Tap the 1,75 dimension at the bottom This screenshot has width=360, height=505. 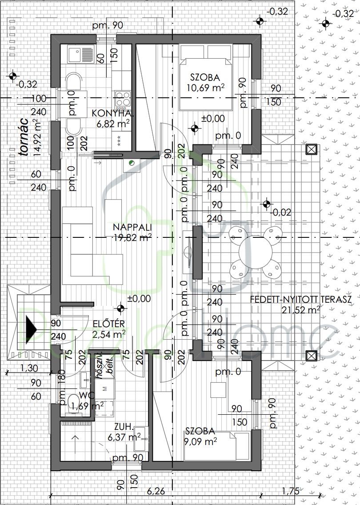291,491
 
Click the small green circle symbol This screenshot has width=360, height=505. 131,164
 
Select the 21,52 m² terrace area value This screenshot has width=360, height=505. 300,309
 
